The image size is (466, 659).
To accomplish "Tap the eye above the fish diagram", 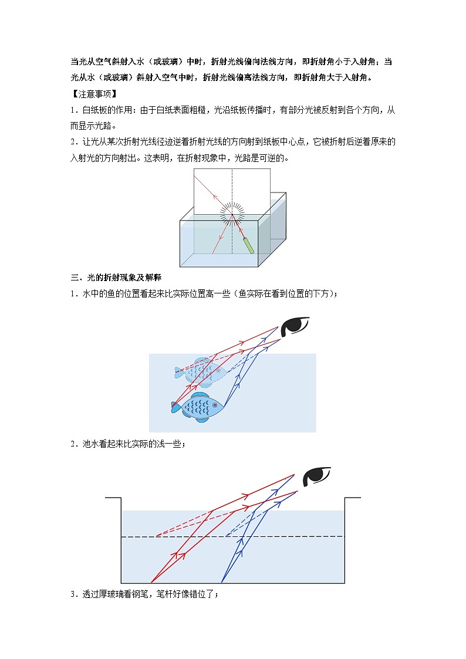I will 295,326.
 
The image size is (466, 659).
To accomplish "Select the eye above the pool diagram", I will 316,476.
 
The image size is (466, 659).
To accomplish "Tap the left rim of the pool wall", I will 113,498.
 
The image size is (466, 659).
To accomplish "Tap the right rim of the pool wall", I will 353,498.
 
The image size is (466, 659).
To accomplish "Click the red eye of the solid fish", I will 215,405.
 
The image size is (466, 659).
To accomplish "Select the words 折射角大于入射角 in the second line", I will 331,77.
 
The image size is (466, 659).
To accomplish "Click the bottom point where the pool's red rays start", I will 151,583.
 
